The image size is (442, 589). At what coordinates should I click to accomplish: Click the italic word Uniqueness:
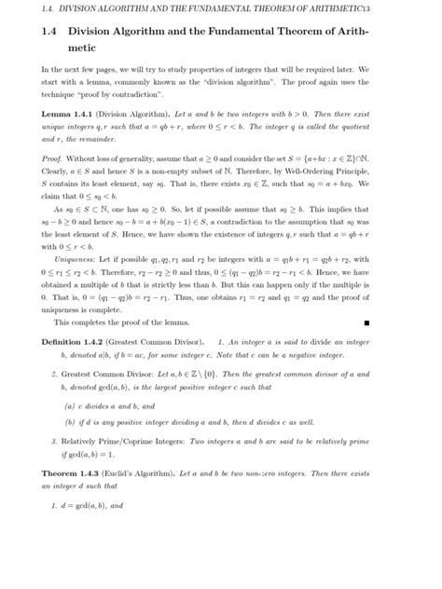click(76, 262)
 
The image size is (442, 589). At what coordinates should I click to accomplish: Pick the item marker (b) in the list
click(69, 422)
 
